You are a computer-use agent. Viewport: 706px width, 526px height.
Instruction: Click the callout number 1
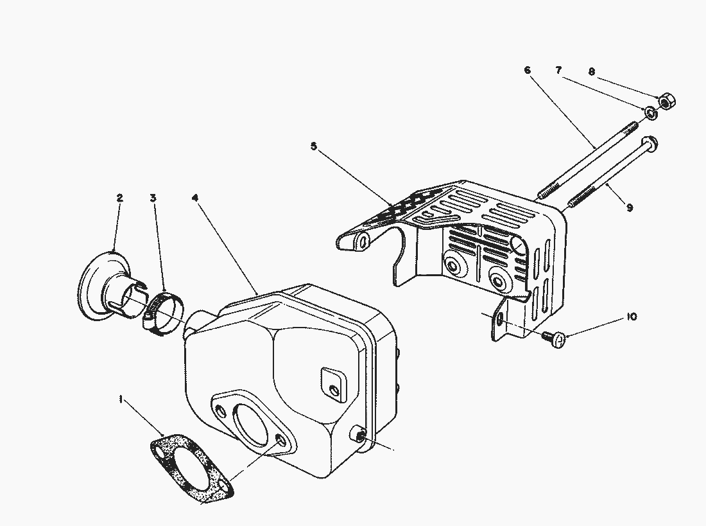121,399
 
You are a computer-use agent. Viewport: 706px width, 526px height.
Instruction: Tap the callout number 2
119,198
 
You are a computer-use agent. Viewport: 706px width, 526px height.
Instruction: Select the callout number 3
153,198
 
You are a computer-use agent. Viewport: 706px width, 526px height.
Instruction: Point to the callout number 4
195,198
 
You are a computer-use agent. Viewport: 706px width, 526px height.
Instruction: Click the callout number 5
314,146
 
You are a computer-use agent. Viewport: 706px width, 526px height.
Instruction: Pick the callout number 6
527,70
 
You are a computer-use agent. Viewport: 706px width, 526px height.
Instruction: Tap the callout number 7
559,70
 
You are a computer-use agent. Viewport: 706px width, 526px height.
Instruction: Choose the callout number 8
592,71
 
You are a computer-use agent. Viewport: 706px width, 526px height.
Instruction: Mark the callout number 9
630,207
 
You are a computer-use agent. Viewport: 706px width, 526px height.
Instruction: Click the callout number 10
632,317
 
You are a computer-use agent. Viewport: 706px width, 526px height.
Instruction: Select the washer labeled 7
650,113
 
